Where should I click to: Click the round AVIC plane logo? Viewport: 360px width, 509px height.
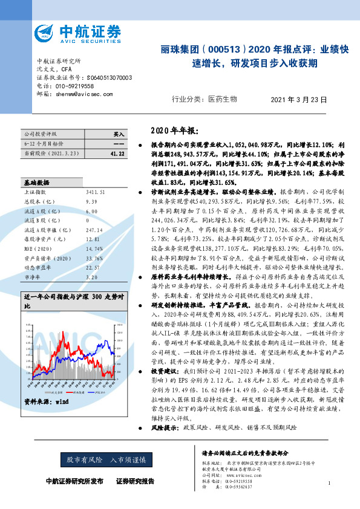(x=46, y=34)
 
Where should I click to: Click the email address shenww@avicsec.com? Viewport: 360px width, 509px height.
(x=80, y=94)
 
